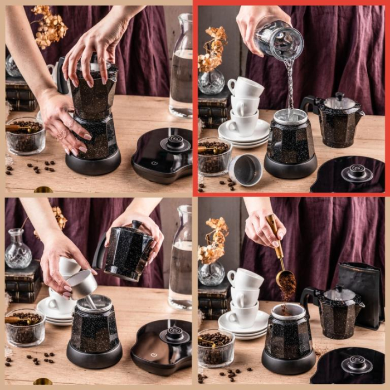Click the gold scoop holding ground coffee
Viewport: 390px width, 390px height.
[x=285, y=277]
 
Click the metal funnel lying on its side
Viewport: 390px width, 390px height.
[x=245, y=170]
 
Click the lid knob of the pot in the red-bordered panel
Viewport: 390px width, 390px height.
[x=339, y=96]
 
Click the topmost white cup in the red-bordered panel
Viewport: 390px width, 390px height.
[x=245, y=87]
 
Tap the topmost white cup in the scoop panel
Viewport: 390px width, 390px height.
[x=245, y=277]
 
